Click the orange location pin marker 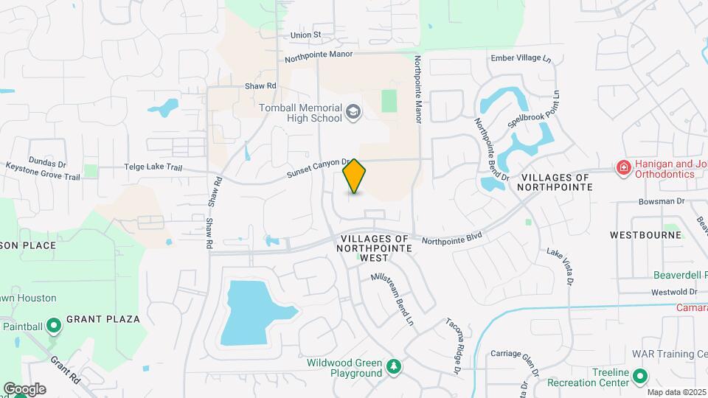click(x=355, y=176)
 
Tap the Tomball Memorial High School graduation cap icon click(x=353, y=112)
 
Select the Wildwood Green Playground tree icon click(x=395, y=366)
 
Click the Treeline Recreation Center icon click(x=640, y=377)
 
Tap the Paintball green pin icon click(x=53, y=325)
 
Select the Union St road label click(x=306, y=35)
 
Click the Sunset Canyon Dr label click(x=317, y=167)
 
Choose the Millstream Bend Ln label click(x=392, y=298)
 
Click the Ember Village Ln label click(x=521, y=57)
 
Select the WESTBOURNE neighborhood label click(x=640, y=234)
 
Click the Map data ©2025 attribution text click(x=676, y=391)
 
